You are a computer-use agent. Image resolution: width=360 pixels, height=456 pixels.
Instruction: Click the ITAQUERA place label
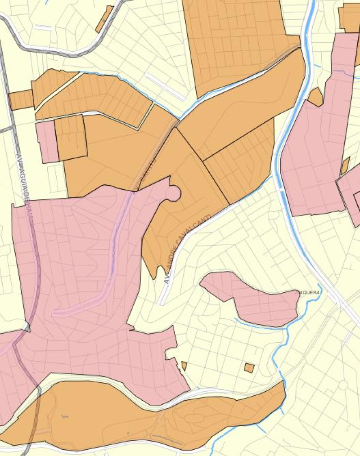(x=308, y=292)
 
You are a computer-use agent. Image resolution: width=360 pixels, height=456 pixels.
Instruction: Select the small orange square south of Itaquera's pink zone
(x=249, y=368)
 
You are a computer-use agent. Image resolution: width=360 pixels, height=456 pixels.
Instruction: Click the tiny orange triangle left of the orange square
(x=184, y=366)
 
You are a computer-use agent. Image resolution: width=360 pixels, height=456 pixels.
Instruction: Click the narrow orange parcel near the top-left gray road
(x=104, y=19)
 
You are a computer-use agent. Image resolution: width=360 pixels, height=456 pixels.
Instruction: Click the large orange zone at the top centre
(x=234, y=40)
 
